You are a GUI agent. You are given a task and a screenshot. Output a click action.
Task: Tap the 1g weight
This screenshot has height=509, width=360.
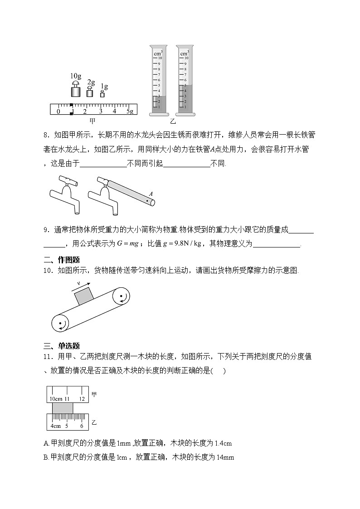pyautogui.click(x=102, y=94)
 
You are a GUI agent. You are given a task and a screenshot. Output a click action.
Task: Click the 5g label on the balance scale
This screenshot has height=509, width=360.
pyautogui.click(x=129, y=111)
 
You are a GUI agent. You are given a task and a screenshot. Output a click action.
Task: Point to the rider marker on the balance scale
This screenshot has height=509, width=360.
pyautogui.click(x=71, y=109)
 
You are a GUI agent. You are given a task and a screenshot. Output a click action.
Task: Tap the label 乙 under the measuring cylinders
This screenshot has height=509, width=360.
pyautogui.click(x=173, y=121)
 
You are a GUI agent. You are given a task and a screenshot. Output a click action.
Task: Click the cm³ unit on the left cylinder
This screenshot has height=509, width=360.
pyautogui.click(x=158, y=53)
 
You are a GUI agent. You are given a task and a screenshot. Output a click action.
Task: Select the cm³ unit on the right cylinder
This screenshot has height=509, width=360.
pyautogui.click(x=184, y=53)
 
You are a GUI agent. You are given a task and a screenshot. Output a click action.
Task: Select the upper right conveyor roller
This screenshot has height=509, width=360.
pyautogui.click(x=122, y=298)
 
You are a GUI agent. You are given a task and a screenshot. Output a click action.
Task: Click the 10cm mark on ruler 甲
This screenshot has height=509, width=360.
pyautogui.click(x=56, y=399)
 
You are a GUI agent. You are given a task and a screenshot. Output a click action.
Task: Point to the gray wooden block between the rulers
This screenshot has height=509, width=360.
pyautogui.click(x=63, y=408)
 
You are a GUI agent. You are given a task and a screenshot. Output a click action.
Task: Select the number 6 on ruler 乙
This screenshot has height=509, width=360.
pyautogui.click(x=82, y=426)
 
